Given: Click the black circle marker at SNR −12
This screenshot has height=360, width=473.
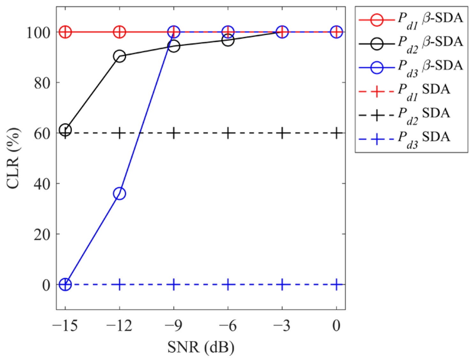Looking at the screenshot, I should tap(119, 57).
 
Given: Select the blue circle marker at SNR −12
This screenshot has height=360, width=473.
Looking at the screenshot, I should tap(119, 193).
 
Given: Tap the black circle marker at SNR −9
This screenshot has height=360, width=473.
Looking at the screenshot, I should tap(174, 46).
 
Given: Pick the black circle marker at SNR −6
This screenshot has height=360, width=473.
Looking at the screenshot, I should tap(228, 40).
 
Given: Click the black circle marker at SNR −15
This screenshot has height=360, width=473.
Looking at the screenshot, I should tap(65, 130).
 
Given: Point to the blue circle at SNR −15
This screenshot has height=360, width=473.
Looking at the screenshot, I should tap(65, 284).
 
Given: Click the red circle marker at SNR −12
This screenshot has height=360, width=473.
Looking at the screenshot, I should tap(119, 32).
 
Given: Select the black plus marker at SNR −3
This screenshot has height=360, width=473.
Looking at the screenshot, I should tap(282, 133).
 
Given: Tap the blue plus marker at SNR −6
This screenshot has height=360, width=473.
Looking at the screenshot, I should tap(228, 284).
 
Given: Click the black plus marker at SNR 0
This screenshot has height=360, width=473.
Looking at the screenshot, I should tap(336, 133).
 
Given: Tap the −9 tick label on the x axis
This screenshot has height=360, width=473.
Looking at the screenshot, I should tap(174, 326).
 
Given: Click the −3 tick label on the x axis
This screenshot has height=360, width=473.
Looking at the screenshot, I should tap(282, 326).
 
